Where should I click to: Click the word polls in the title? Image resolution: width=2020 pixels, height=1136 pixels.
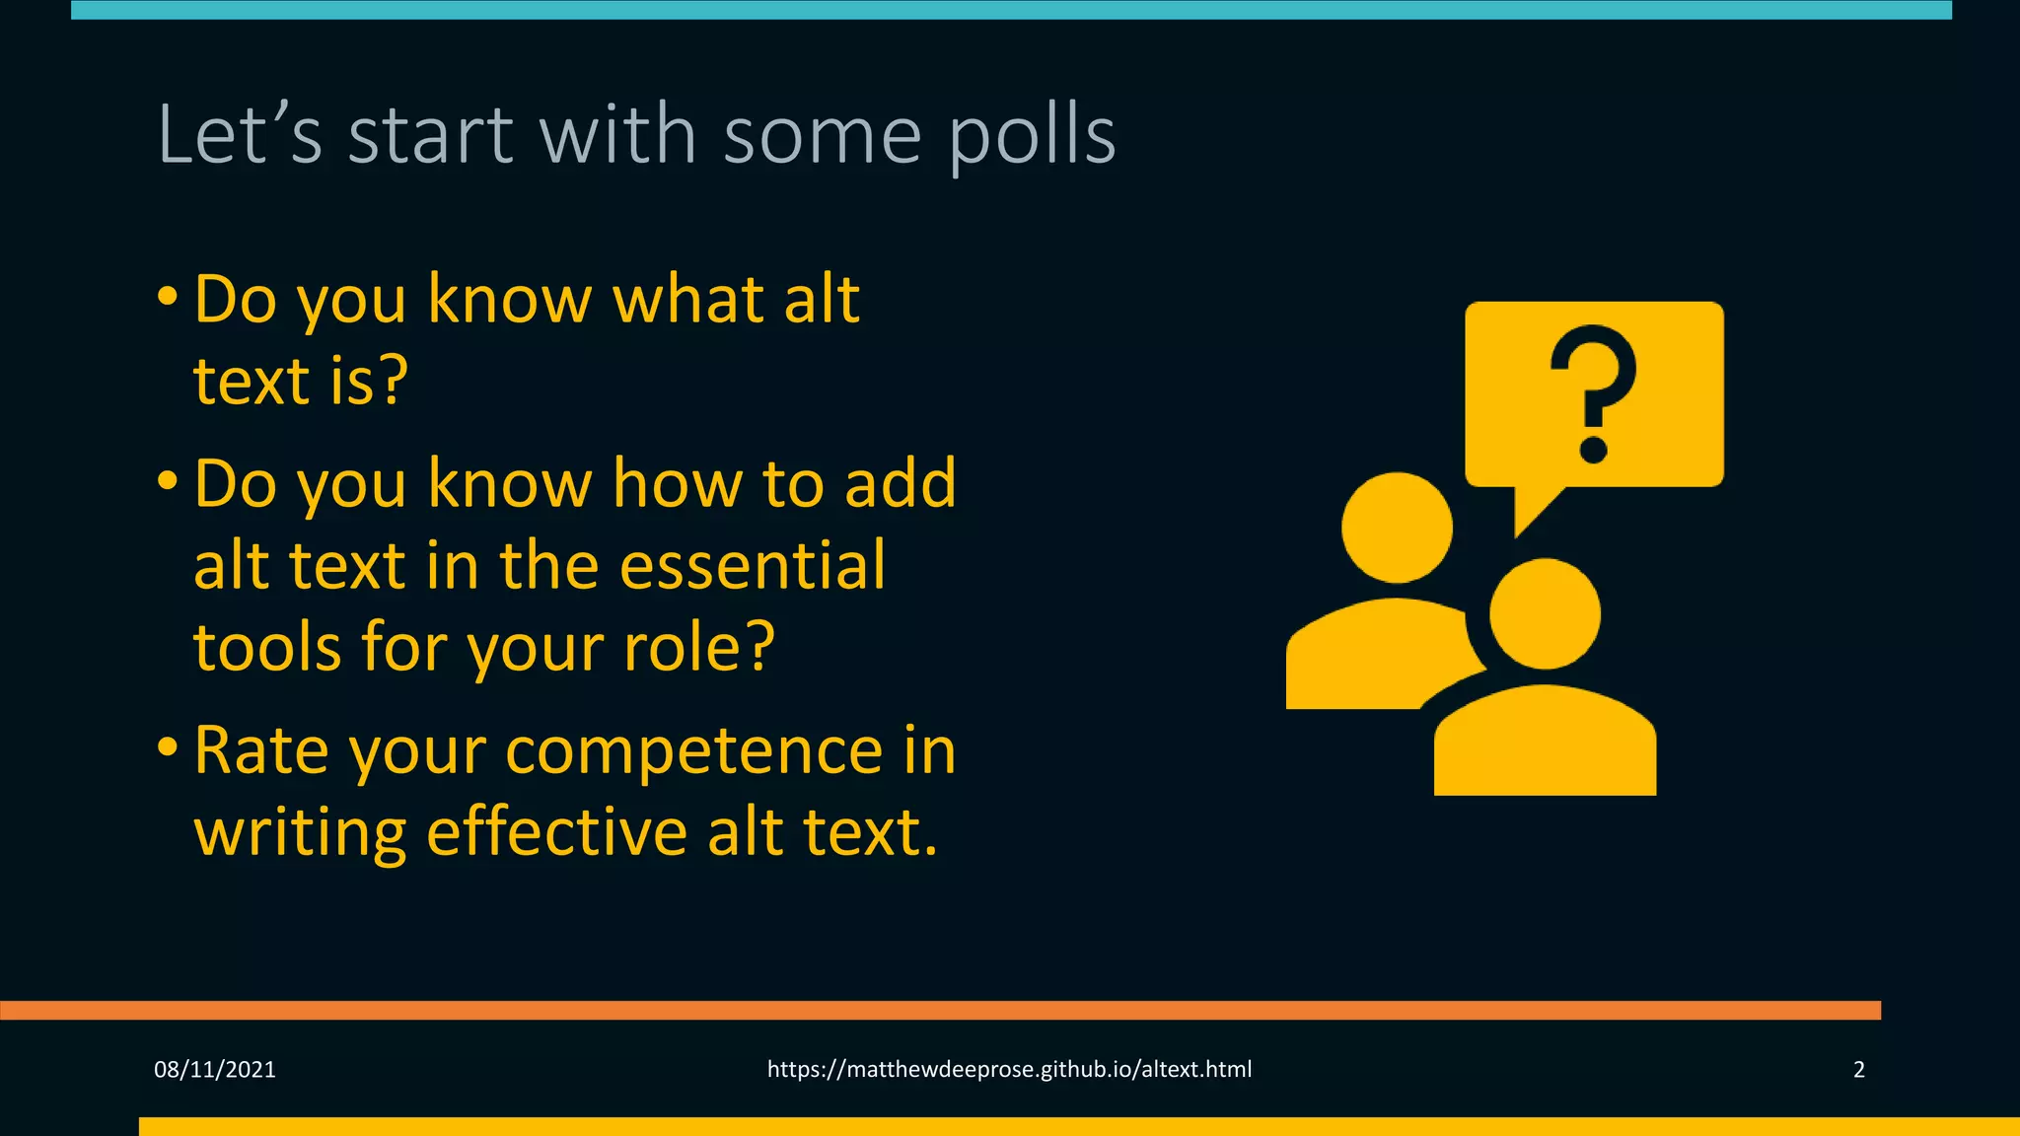1032,136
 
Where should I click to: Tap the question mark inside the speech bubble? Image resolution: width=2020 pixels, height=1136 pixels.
1593,394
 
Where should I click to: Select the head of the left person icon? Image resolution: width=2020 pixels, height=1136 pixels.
1397,528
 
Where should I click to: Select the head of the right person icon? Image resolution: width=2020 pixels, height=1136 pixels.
1545,613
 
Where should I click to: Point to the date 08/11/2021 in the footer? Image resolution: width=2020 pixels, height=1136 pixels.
215,1070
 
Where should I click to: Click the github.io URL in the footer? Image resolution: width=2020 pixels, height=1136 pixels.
1009,1070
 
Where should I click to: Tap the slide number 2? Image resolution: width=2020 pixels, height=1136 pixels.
1858,1070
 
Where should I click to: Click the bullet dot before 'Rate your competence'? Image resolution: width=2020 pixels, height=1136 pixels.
168,747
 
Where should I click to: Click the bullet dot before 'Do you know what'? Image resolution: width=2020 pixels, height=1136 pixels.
168,296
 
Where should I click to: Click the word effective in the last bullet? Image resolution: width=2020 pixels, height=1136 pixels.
556,832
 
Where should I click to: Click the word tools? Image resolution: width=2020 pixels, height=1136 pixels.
267,648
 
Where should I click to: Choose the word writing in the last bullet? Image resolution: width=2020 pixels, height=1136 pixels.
300,834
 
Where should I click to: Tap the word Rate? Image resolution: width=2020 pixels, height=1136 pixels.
261,751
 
